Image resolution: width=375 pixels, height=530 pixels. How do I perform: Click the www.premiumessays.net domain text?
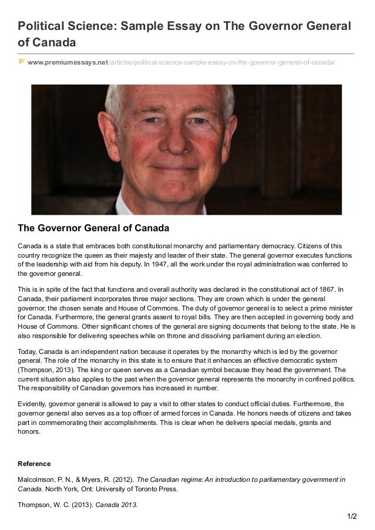[x=68, y=62]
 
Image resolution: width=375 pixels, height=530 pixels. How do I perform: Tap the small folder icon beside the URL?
[x=21, y=61]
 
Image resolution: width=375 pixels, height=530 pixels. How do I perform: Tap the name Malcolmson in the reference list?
[x=37, y=480]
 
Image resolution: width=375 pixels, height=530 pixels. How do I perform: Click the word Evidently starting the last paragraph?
[x=34, y=404]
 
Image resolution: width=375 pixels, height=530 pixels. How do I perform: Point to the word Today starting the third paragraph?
[x=28, y=351]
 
